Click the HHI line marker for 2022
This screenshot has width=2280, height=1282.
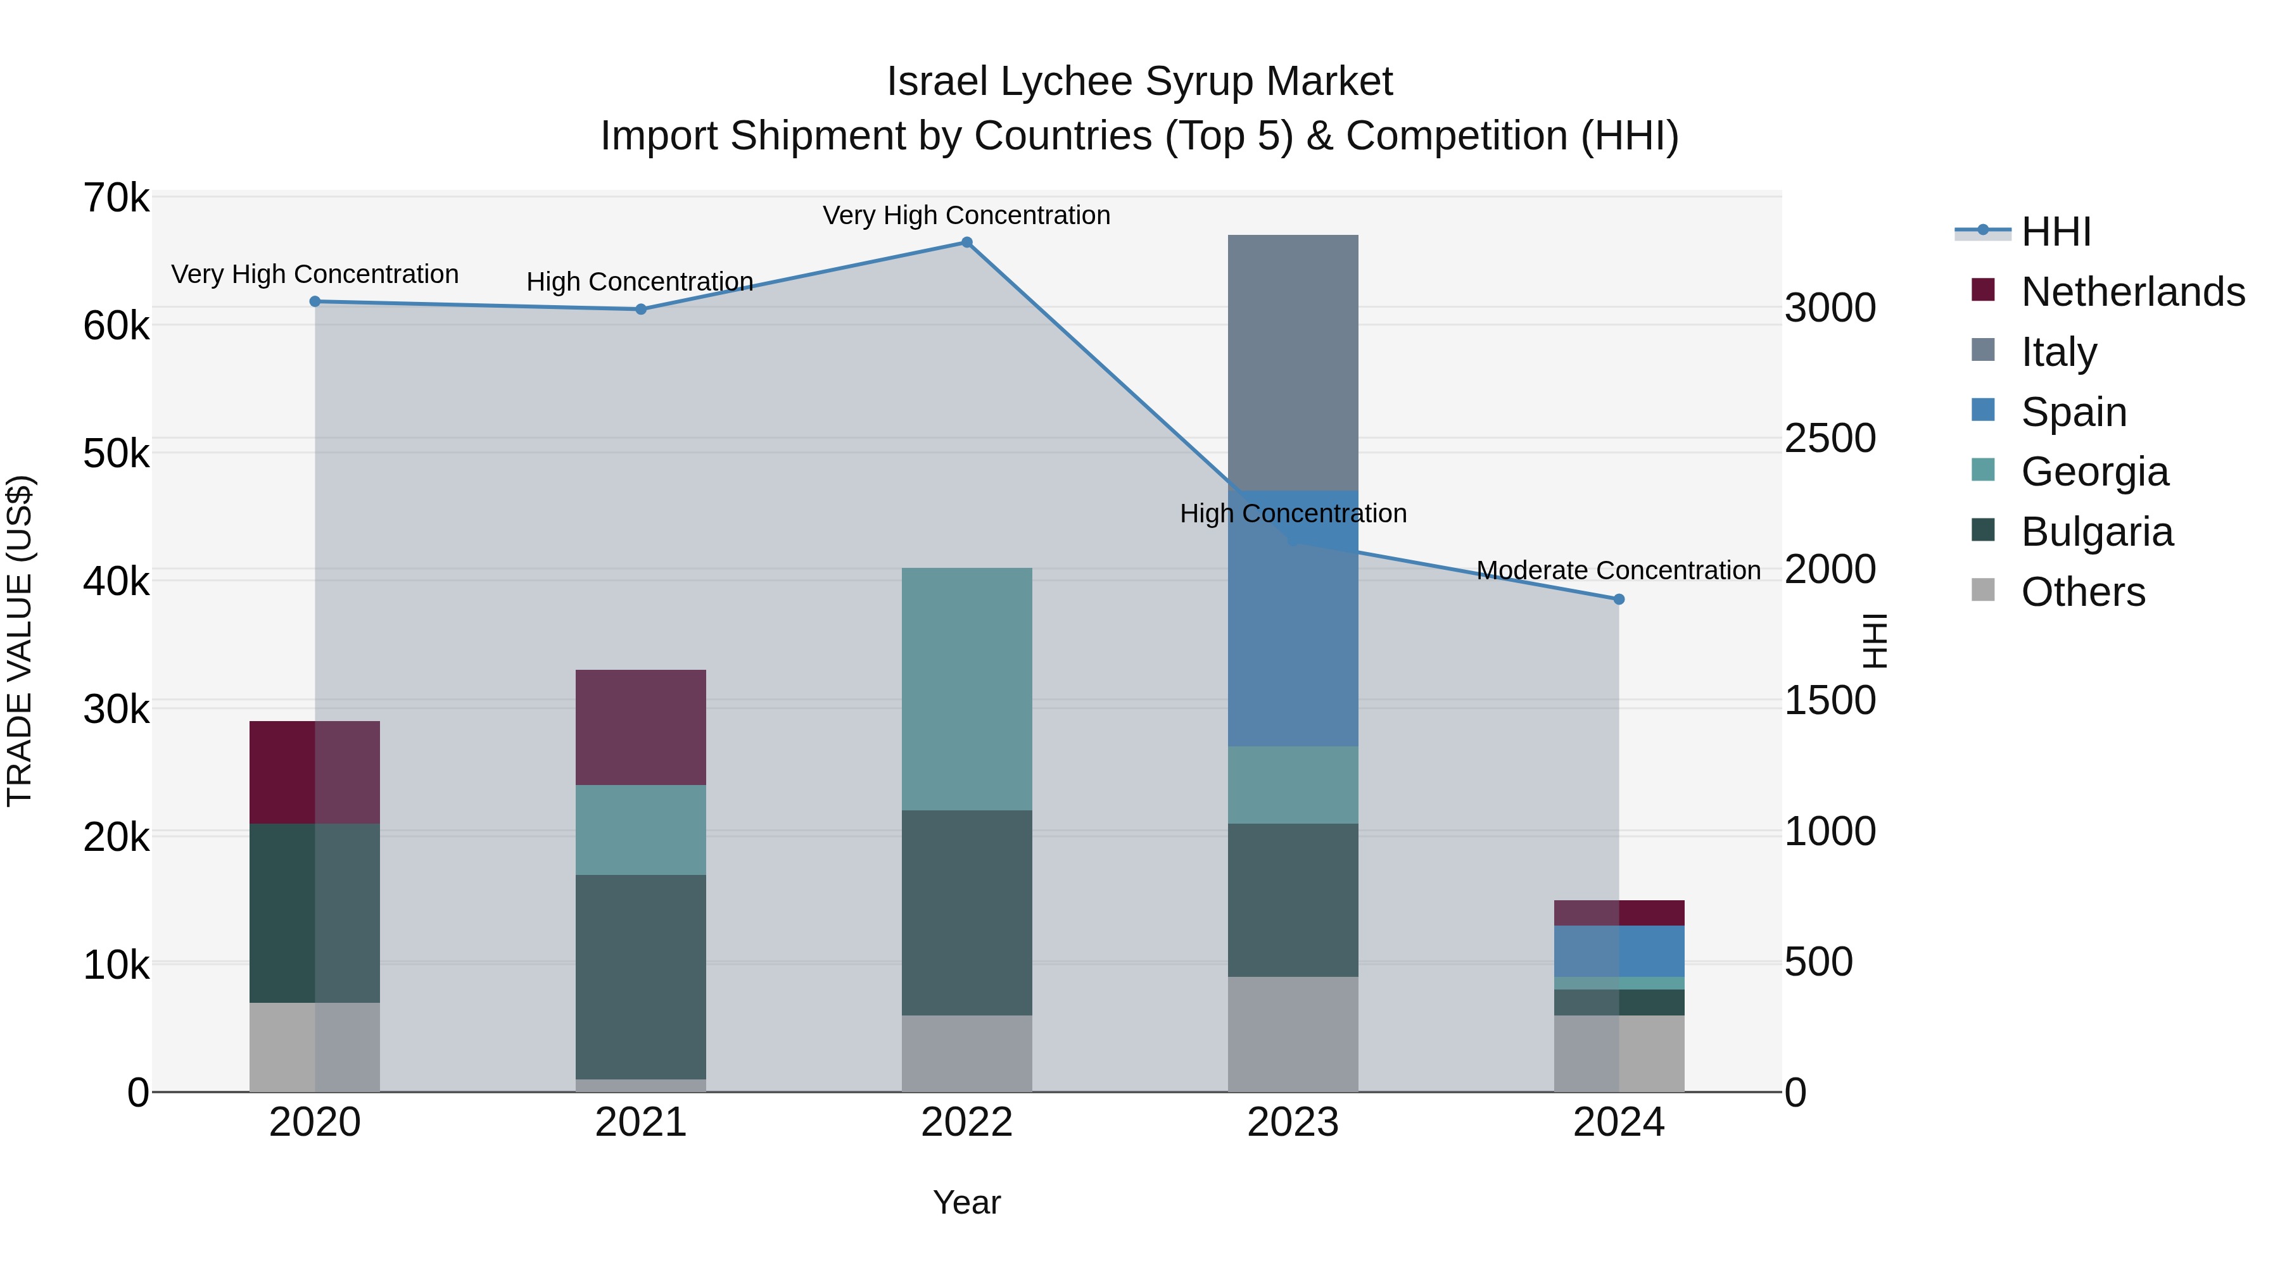[x=966, y=242]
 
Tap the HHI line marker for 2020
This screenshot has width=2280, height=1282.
[x=315, y=302]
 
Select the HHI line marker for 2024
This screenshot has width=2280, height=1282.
[x=1619, y=599]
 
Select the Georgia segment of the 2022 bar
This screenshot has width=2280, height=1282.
[x=966, y=689]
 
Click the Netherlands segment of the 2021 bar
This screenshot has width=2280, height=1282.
[x=641, y=727]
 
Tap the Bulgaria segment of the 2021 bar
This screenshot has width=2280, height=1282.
[x=641, y=977]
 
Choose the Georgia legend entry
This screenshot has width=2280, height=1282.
[x=2094, y=472]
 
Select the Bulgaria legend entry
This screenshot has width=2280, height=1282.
[x=2096, y=532]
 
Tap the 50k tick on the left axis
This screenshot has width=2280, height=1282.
[x=116, y=454]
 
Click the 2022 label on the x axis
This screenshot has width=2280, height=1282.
[x=966, y=1122]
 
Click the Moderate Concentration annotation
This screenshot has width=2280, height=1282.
[x=1618, y=570]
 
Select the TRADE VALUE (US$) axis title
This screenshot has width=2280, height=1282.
[x=20, y=641]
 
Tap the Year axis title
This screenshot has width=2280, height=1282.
[x=966, y=1202]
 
